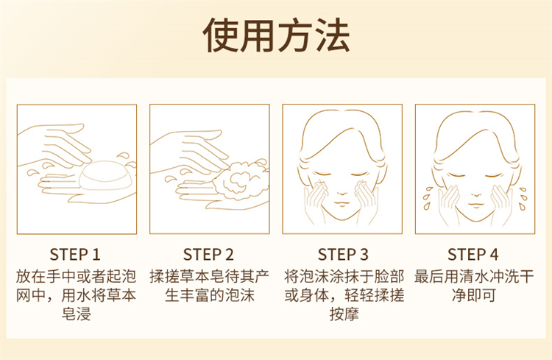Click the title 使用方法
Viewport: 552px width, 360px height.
coord(276,35)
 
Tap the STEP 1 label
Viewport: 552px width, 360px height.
coord(75,255)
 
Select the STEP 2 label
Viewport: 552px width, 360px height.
coord(208,255)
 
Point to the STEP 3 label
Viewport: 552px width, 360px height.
coord(343,255)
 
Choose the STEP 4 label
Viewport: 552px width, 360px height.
coord(473,255)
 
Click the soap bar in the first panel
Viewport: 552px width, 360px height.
coord(105,175)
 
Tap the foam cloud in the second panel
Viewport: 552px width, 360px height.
coord(241,180)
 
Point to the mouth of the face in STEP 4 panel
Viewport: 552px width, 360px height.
coord(475,205)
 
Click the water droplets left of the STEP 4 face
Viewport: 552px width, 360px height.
coord(427,198)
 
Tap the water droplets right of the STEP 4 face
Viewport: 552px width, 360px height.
coord(523,199)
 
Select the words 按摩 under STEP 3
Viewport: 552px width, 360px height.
coord(344,314)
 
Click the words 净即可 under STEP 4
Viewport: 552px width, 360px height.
coord(474,295)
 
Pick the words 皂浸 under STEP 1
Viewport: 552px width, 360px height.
coord(76,314)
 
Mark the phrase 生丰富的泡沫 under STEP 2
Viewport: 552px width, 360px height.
coord(210,295)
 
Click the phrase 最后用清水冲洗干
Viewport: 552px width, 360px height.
coord(474,277)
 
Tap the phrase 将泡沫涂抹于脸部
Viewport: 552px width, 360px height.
coord(344,277)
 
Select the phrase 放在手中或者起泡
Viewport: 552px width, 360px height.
coord(76,277)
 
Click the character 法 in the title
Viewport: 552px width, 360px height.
coord(332,35)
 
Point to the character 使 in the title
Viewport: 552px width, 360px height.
coord(220,35)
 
